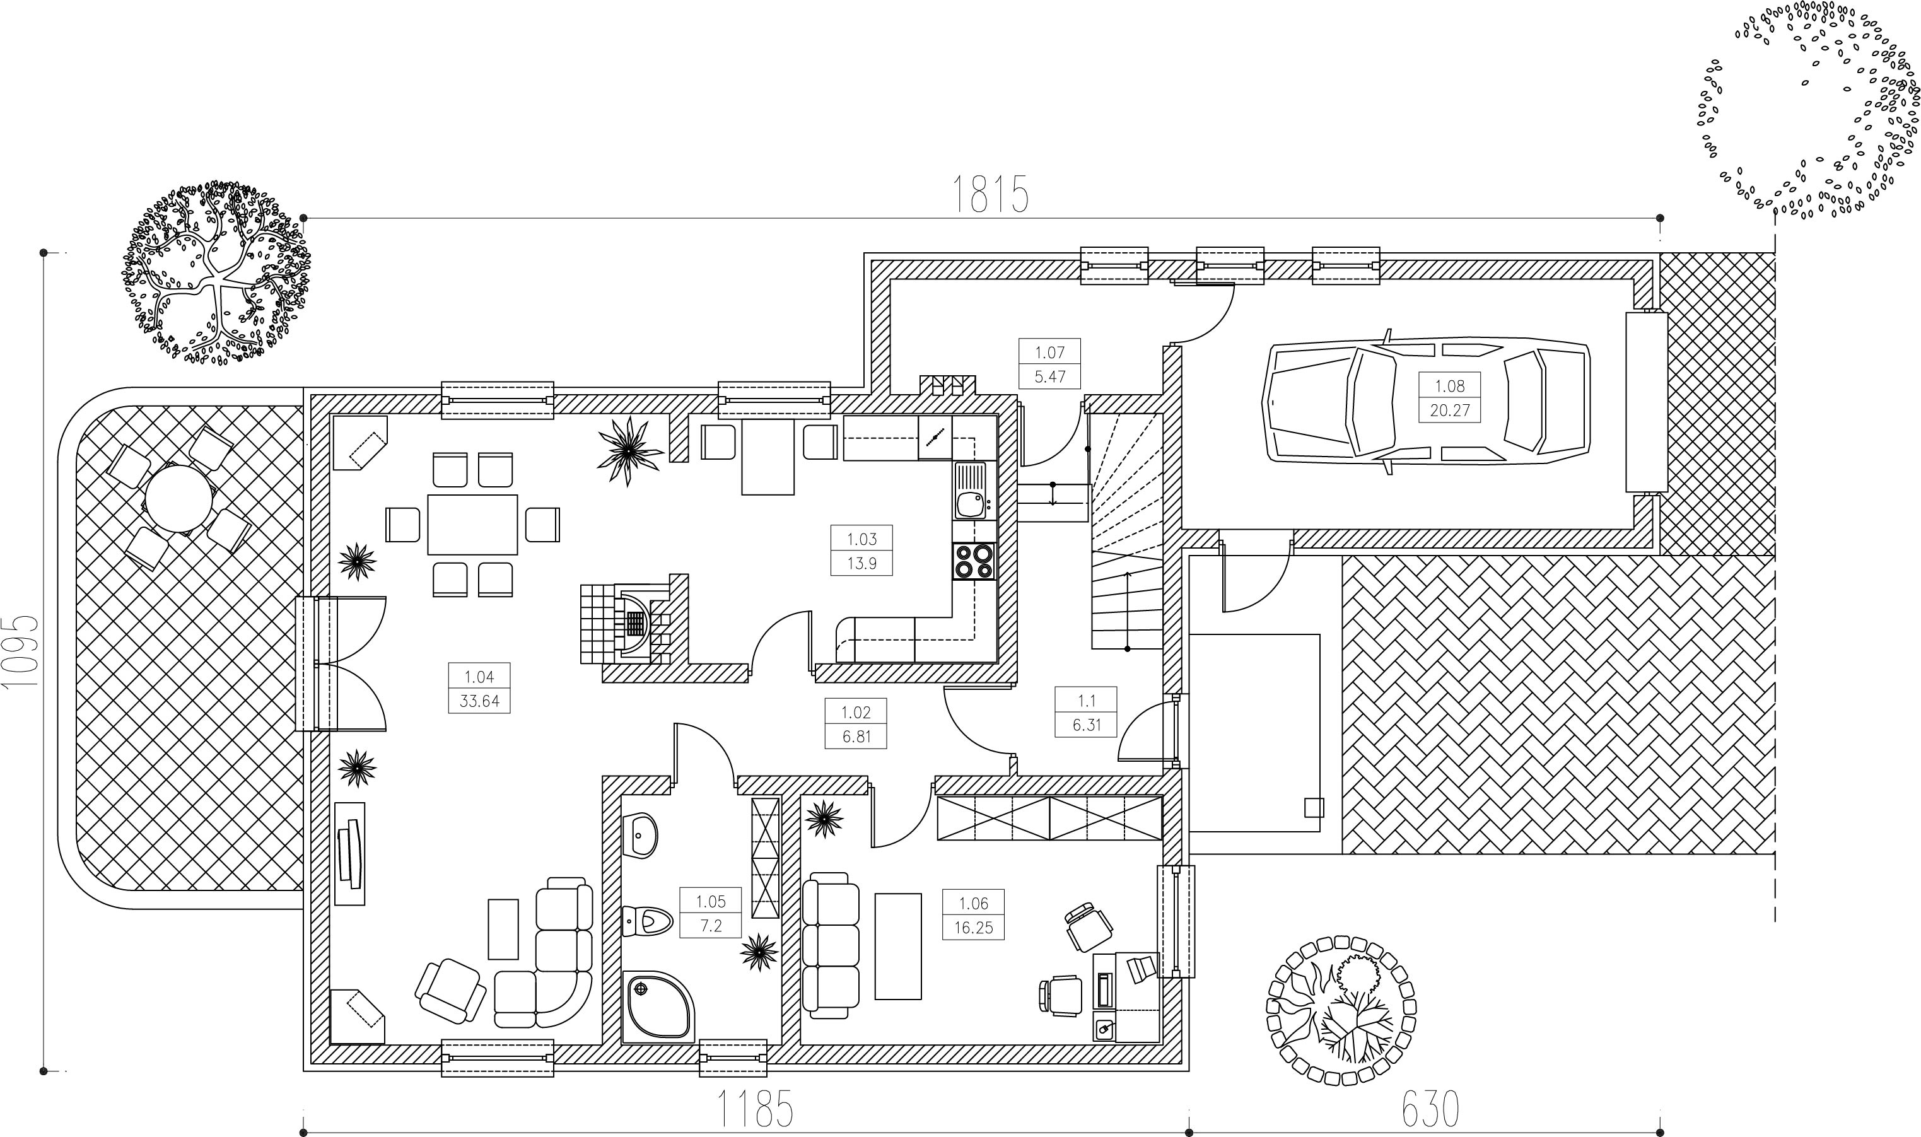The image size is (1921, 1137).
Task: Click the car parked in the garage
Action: coord(1426,402)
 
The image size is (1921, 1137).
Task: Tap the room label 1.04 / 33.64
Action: coord(479,688)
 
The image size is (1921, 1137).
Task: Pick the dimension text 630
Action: coord(1430,1108)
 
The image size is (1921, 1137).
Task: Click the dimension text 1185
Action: coord(755,1108)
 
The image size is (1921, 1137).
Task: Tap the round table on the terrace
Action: coord(179,499)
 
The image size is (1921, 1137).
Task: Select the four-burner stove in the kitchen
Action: coord(974,561)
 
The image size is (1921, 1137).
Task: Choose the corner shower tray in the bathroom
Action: coord(660,1008)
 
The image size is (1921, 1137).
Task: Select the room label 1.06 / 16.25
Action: coord(973,916)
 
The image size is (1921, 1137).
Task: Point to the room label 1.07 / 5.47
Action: coord(1050,364)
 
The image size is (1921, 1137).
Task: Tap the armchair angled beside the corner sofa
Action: coord(450,991)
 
